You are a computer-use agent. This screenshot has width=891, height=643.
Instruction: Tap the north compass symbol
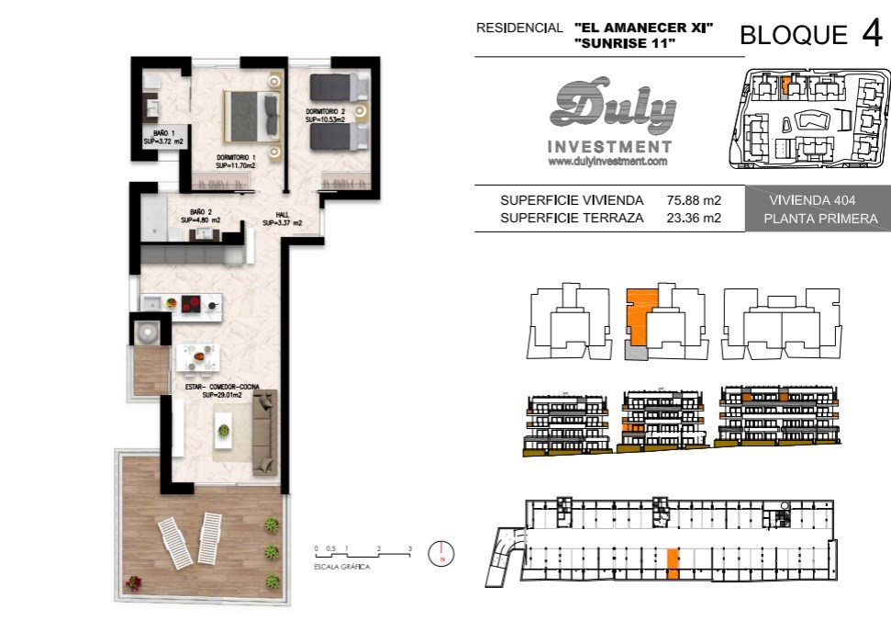click(441, 553)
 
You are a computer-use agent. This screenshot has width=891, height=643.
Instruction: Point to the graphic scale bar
click(363, 554)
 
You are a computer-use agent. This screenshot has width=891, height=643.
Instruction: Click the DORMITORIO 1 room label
click(236, 162)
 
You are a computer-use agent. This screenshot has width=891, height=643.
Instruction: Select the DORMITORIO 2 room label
click(326, 116)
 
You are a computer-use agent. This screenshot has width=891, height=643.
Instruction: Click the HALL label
click(283, 219)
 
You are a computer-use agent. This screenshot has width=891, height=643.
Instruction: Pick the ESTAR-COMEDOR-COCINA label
click(222, 391)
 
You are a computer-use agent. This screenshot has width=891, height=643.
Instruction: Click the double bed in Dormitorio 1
click(252, 117)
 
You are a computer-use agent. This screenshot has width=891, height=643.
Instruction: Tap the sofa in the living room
click(264, 433)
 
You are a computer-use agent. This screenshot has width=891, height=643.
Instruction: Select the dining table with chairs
click(197, 357)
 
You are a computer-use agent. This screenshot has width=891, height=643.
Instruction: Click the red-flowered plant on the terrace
click(134, 582)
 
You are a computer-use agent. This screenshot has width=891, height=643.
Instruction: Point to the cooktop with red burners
click(191, 304)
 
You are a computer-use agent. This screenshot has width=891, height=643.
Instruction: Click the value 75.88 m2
click(694, 200)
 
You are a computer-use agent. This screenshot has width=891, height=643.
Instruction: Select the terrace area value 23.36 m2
click(694, 218)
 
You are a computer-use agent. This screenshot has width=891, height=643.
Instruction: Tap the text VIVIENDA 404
click(812, 200)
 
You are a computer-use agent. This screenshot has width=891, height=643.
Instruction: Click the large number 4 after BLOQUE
click(872, 33)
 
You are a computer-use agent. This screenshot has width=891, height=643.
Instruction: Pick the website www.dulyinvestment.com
click(607, 162)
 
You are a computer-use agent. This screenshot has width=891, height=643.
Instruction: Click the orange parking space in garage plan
click(673, 564)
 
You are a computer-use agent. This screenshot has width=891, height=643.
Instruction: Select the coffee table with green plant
click(223, 430)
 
